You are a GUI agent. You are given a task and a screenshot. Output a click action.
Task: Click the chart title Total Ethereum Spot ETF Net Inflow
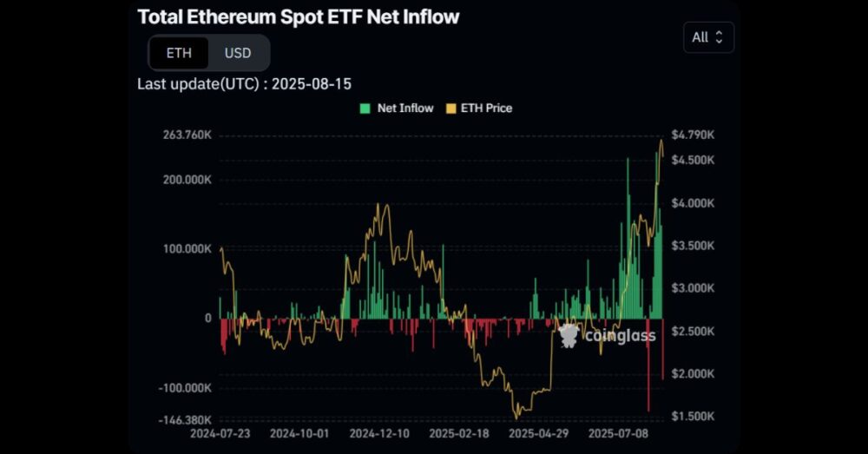pyautogui.click(x=298, y=16)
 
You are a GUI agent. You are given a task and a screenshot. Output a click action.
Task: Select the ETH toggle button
pyautogui.click(x=179, y=53)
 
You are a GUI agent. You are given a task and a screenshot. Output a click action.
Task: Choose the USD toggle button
pyautogui.click(x=238, y=53)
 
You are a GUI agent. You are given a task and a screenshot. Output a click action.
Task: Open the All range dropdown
pyautogui.click(x=708, y=37)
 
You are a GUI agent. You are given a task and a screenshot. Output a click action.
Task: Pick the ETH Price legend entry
pyautogui.click(x=479, y=109)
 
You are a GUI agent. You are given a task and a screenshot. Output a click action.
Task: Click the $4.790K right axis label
pyautogui.click(x=693, y=135)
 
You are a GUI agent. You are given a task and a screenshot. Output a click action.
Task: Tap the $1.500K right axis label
pyautogui.click(x=693, y=417)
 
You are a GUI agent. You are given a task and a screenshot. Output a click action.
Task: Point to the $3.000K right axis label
pyautogui.click(x=693, y=288)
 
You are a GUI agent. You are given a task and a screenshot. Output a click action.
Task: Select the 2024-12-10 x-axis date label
pyautogui.click(x=378, y=432)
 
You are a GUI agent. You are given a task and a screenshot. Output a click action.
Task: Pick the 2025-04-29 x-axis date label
pyautogui.click(x=537, y=432)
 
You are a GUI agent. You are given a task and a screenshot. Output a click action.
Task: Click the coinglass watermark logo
pyautogui.click(x=608, y=335)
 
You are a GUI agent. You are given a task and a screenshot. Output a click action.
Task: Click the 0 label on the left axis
pyautogui.click(x=207, y=319)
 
